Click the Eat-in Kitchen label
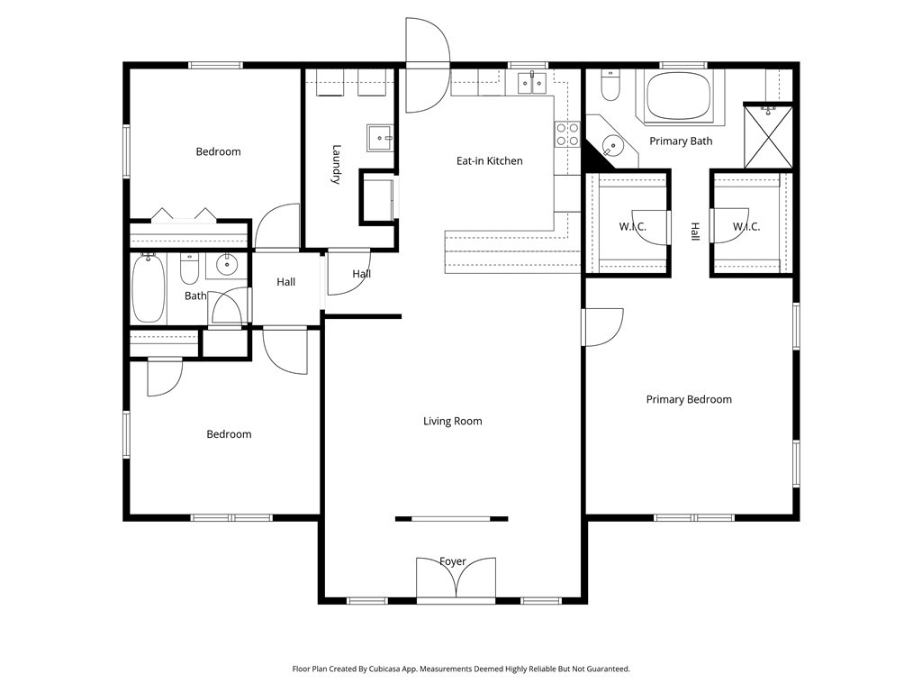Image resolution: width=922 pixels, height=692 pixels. (489, 160)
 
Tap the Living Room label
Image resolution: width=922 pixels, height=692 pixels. (453, 421)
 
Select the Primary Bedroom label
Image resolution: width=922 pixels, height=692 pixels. (689, 399)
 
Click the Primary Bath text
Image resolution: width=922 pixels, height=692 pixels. (681, 141)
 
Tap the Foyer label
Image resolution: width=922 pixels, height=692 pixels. (453, 561)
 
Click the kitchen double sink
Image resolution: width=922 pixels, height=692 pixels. (533, 83)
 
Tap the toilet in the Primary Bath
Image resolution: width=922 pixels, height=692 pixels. (610, 86)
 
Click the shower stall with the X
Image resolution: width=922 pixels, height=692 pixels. (769, 136)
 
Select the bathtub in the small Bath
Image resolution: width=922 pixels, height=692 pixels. (149, 287)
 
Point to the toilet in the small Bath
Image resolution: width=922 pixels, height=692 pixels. (189, 269)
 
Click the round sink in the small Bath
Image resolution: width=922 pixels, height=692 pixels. (226, 265)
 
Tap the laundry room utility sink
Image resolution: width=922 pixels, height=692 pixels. (381, 138)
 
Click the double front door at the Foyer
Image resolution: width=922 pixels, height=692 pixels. (456, 579)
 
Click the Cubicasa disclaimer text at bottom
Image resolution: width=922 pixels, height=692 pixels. (461, 669)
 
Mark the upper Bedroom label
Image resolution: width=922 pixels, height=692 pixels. (218, 151)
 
